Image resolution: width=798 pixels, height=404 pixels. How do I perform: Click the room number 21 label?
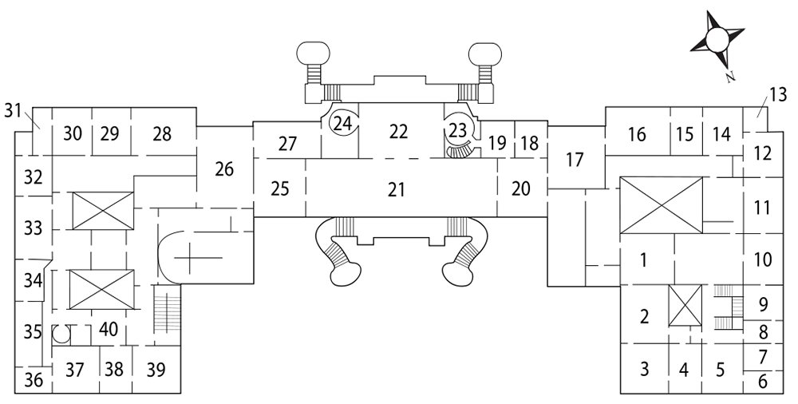[397, 189]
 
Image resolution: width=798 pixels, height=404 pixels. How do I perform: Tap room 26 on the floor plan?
[224, 169]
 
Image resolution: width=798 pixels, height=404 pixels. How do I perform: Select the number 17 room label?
[575, 160]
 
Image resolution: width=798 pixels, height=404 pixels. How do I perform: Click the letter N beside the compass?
[730, 77]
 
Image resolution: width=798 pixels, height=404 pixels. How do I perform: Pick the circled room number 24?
[342, 124]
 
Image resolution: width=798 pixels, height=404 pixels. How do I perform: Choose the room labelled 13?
[776, 95]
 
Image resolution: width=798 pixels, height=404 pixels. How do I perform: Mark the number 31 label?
[14, 110]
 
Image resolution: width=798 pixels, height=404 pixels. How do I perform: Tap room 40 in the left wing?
[109, 329]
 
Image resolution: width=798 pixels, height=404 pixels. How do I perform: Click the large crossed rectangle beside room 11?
[661, 205]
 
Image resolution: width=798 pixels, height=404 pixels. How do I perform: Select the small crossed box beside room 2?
[685, 305]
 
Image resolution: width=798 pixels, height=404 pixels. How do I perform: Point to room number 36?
[34, 380]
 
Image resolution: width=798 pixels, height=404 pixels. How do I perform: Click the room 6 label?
[762, 382]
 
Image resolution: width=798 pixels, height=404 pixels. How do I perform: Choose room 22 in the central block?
[398, 132]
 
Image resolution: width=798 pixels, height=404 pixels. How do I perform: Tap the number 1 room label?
[644, 260]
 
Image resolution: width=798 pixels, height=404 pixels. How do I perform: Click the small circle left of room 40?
[61, 335]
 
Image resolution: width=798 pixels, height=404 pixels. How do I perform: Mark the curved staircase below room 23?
[462, 152]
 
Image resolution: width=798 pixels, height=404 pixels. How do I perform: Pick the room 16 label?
[637, 134]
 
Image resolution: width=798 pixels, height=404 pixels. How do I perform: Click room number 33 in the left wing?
[33, 228]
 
